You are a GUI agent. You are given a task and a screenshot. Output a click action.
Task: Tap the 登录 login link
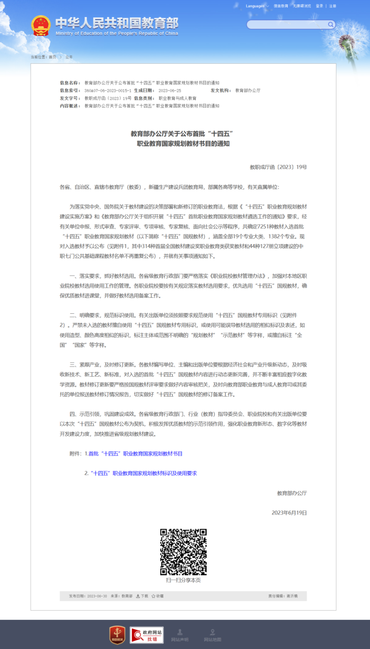[x=319, y=6]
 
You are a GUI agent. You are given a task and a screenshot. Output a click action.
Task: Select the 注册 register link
[x=333, y=6]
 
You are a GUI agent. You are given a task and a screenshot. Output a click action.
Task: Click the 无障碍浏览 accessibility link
[x=302, y=6]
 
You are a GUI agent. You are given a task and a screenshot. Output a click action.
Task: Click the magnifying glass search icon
[x=331, y=25]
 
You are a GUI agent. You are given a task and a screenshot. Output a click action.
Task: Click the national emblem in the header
[x=41, y=26]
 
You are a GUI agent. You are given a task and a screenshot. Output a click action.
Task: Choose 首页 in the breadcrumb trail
[x=52, y=57]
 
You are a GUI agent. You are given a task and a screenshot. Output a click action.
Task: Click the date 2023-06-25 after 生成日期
[x=170, y=91]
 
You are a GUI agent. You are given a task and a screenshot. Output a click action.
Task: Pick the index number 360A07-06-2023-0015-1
[x=108, y=91]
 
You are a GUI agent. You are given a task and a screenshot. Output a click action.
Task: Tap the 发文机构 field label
[x=221, y=91]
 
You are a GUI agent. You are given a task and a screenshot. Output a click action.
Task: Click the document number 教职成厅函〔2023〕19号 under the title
[x=278, y=167]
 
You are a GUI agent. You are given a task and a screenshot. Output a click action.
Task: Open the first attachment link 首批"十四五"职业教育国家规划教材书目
[x=135, y=454]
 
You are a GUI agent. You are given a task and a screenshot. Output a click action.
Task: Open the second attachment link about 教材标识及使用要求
[x=144, y=473]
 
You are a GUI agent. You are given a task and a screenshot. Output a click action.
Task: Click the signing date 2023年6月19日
[x=289, y=513]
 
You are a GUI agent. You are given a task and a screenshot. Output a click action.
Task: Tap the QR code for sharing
[x=183, y=552]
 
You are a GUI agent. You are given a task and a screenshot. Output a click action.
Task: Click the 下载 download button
[x=142, y=596]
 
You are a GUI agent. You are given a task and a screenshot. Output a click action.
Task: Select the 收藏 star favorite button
[x=157, y=596]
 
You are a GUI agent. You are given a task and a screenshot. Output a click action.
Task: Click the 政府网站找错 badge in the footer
[x=147, y=635]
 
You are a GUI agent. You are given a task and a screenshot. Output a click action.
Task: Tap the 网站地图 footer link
[x=212, y=635]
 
